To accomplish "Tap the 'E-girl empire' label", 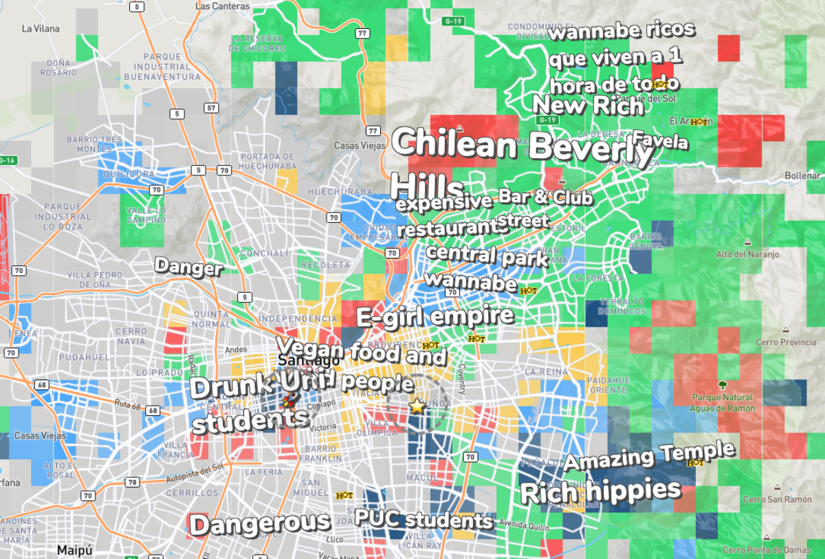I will (x=434, y=316).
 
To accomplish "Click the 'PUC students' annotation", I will (x=423, y=518).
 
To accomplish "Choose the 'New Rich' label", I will (x=588, y=106).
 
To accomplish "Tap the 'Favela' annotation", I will (x=660, y=140).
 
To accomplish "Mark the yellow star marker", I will (x=417, y=406).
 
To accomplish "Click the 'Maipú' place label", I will (x=74, y=550).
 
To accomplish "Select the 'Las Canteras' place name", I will (x=222, y=6).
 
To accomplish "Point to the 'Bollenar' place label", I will (x=802, y=176).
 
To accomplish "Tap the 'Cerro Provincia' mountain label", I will (x=786, y=342).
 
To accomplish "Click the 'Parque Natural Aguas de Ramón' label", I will (x=723, y=402).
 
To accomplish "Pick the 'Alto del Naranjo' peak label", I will (x=747, y=254).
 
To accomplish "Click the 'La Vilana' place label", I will (x=41, y=29).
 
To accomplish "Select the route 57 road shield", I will (x=211, y=108).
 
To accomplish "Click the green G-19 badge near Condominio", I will (x=453, y=21).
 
